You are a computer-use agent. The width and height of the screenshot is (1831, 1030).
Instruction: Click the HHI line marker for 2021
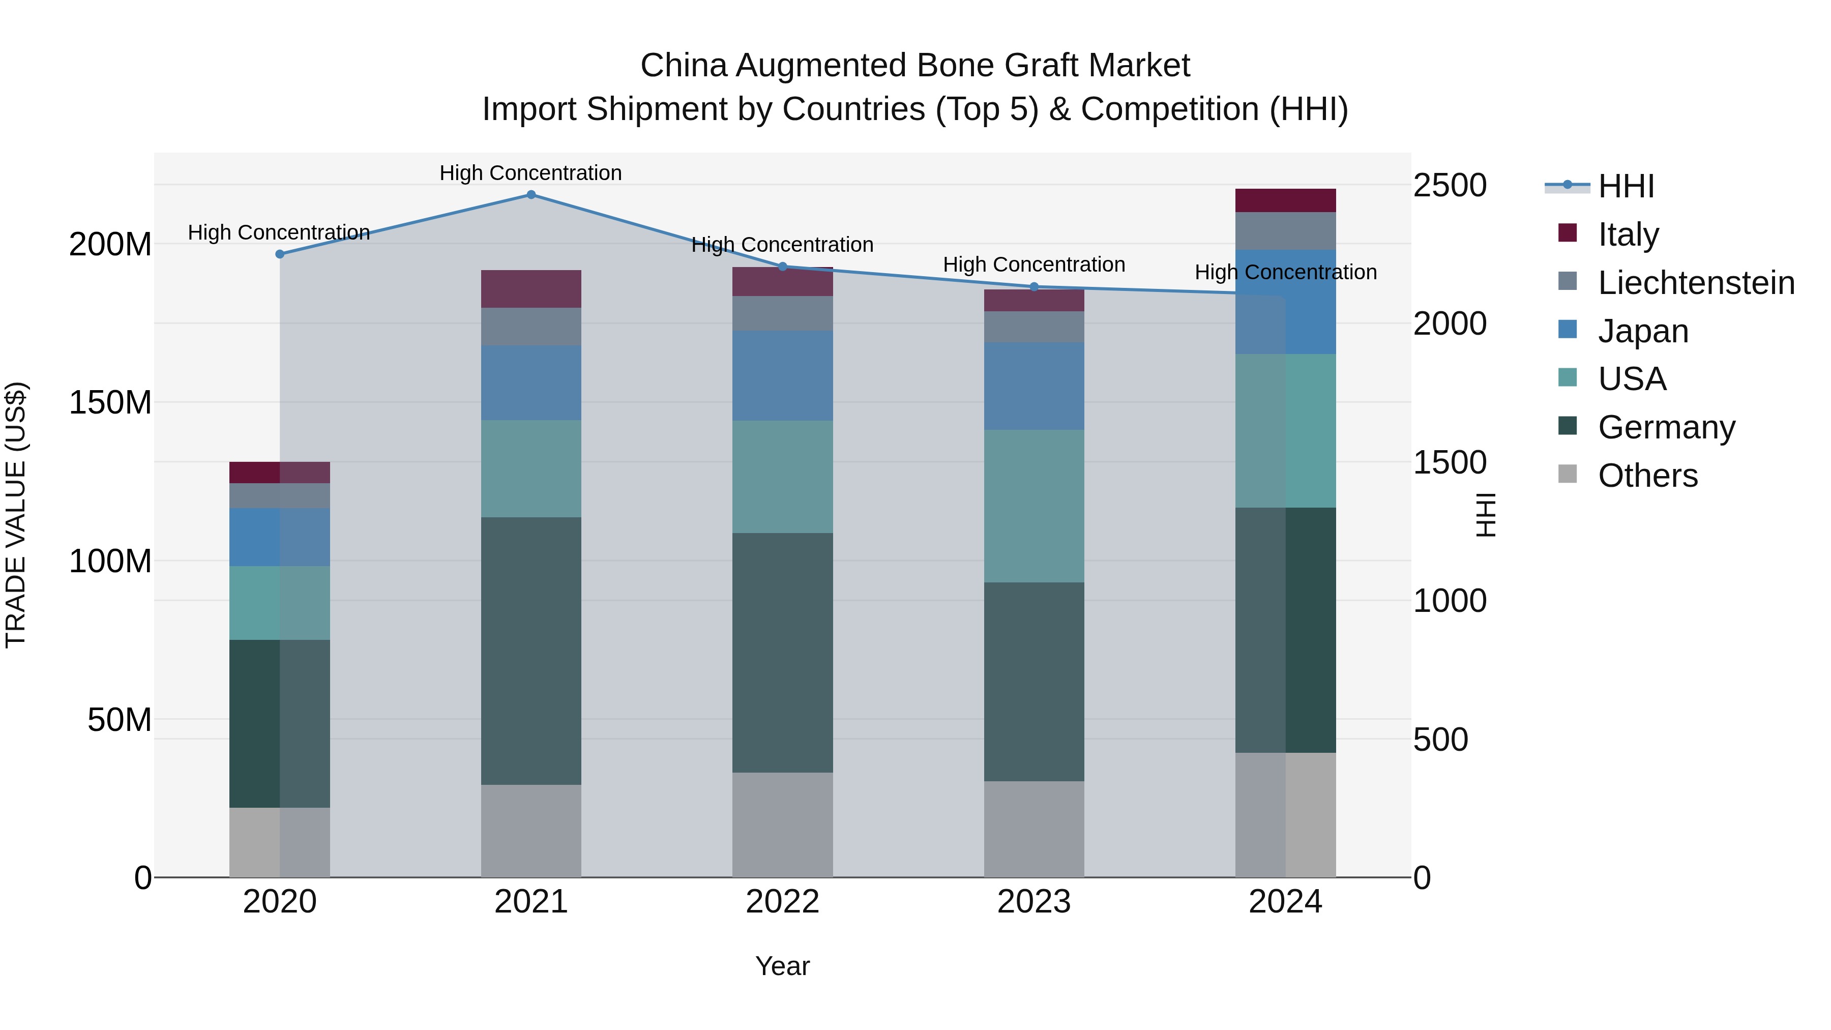click(531, 195)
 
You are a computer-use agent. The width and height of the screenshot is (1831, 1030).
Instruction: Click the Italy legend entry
click(1628, 234)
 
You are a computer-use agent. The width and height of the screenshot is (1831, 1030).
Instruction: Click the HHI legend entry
click(1627, 186)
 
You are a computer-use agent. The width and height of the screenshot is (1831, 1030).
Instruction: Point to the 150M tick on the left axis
click(110, 402)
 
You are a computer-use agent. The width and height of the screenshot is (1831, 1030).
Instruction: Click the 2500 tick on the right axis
click(1450, 186)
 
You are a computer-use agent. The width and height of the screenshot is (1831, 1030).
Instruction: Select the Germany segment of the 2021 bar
click(531, 651)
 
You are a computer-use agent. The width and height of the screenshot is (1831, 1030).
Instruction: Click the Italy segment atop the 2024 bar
click(1285, 200)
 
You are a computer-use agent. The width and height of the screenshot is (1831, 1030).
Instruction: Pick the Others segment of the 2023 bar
click(1034, 829)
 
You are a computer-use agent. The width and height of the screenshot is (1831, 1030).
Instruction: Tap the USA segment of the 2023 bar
click(1034, 506)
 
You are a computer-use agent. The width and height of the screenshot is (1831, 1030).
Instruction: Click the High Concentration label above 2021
click(530, 173)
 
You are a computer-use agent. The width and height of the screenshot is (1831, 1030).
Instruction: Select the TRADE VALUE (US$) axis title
click(16, 515)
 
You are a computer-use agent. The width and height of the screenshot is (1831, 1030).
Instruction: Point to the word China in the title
click(683, 66)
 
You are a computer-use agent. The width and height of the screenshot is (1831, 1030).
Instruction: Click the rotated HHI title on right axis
click(1486, 515)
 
